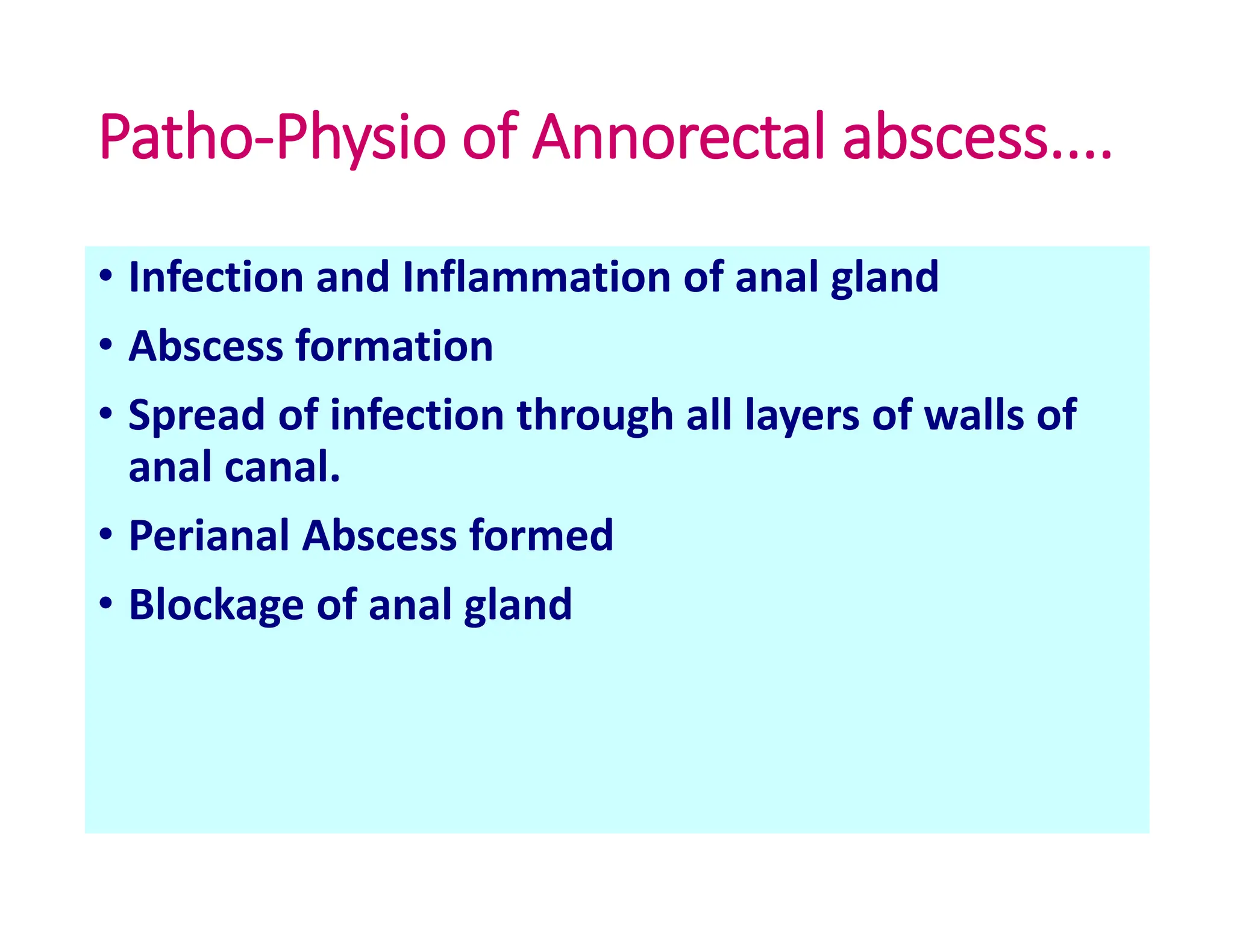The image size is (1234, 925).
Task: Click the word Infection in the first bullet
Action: pos(216,277)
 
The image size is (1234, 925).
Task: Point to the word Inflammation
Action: pos(536,277)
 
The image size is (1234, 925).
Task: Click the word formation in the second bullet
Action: pos(394,346)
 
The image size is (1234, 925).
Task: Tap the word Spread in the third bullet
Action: pos(196,416)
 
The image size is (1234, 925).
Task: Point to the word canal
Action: pos(282,467)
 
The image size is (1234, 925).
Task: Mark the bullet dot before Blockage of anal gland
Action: pos(106,603)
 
